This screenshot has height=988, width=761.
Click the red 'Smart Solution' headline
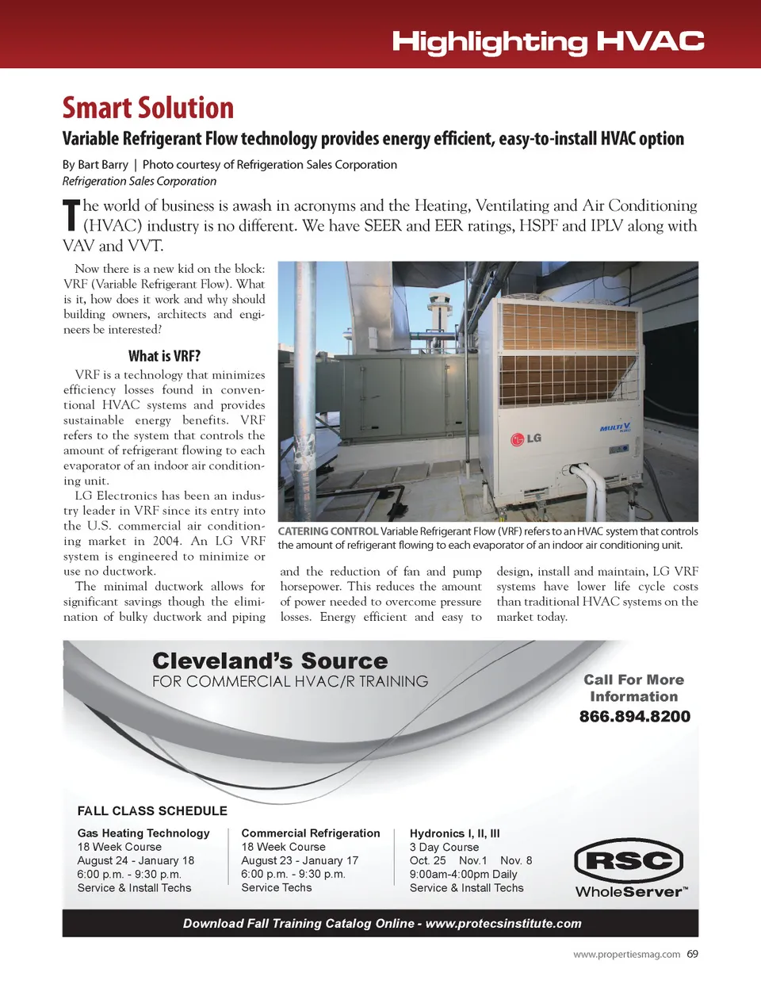[x=148, y=108]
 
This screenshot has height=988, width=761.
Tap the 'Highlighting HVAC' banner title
[x=548, y=41]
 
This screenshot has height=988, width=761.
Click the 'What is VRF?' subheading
[x=164, y=356]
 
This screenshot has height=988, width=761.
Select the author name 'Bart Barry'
[x=103, y=165]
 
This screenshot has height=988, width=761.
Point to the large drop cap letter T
[x=71, y=216]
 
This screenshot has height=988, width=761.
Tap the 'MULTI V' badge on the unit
[x=615, y=428]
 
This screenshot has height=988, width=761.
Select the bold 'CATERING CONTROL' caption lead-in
[x=327, y=531]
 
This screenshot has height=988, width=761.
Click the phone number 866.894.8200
[x=634, y=717]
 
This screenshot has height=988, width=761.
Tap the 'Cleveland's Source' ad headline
[x=270, y=661]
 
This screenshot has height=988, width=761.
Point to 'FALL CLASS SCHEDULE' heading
[x=152, y=810]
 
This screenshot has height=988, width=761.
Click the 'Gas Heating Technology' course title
[x=143, y=833]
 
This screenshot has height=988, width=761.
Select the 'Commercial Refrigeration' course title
[x=311, y=833]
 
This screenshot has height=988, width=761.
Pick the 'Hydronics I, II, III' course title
[x=454, y=833]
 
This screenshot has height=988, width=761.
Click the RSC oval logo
[x=629, y=860]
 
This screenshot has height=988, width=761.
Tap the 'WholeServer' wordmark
[x=631, y=891]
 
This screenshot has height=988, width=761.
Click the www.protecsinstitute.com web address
[x=503, y=923]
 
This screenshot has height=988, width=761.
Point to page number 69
[x=693, y=954]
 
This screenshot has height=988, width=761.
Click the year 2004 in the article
[x=166, y=542]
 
